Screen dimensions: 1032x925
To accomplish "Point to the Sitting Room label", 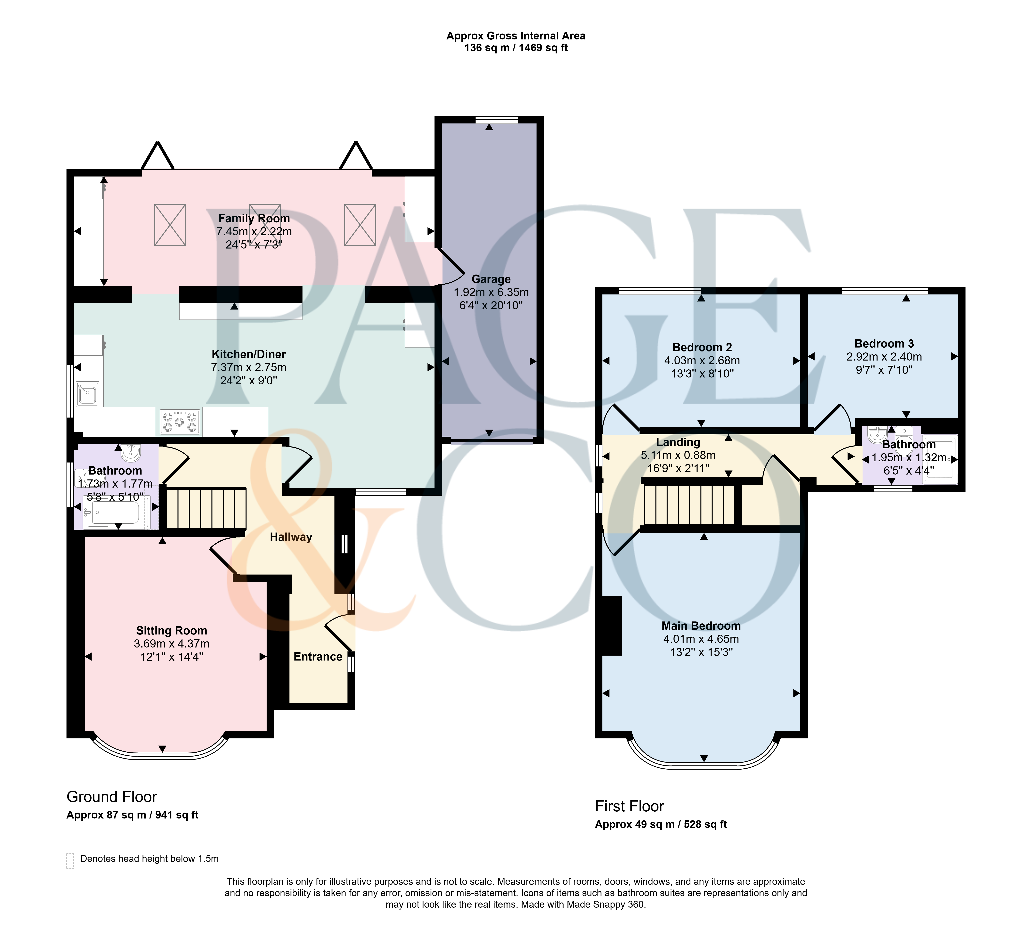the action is [x=171, y=631].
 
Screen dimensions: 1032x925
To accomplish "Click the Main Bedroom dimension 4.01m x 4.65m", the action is [x=701, y=639].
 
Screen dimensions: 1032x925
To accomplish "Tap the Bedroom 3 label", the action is [x=884, y=344].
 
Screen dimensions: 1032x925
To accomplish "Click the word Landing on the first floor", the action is [x=678, y=442].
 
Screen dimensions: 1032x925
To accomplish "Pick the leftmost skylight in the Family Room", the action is [x=170, y=225].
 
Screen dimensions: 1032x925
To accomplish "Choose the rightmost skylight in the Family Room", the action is [x=360, y=225].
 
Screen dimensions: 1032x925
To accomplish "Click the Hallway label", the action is [x=291, y=537].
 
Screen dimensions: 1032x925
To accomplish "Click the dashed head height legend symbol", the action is [x=70, y=861].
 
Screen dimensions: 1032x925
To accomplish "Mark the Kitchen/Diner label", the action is [x=249, y=354].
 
